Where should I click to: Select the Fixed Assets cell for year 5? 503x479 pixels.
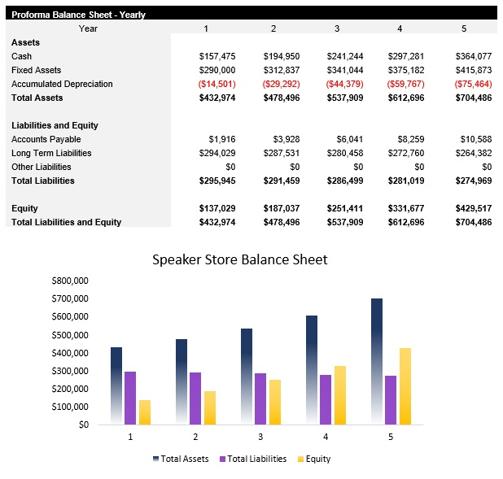point(474,70)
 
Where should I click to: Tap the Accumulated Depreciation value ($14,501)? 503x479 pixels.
point(217,84)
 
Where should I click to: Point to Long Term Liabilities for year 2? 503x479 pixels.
point(281,153)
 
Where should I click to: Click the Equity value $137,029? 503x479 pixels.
point(217,209)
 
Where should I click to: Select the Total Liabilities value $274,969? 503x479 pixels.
point(473,181)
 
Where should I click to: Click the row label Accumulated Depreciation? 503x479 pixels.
point(62,84)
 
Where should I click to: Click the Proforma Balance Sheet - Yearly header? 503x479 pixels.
point(78,15)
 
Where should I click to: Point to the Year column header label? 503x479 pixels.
point(89,28)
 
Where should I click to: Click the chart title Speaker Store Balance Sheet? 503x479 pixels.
point(240,260)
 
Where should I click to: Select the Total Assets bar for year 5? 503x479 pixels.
point(377,361)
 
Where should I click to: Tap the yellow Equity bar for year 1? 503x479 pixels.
point(145,412)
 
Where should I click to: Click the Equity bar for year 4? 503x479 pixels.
point(339,394)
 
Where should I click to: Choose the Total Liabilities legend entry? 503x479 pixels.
point(253,459)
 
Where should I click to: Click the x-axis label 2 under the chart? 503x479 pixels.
point(195,437)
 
